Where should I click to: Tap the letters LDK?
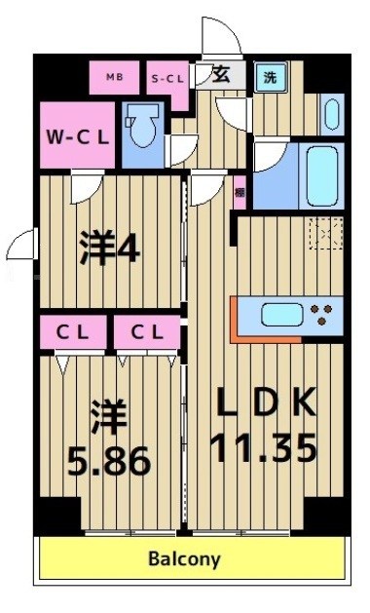pyautogui.click(x=263, y=402)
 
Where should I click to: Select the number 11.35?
pyautogui.click(x=263, y=449)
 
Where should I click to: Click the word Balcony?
pyautogui.click(x=184, y=559)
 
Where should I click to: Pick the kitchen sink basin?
pyautogui.click(x=280, y=316)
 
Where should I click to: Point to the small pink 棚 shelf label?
pyautogui.click(x=239, y=193)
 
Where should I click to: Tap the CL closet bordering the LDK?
pyautogui.click(x=147, y=331)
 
